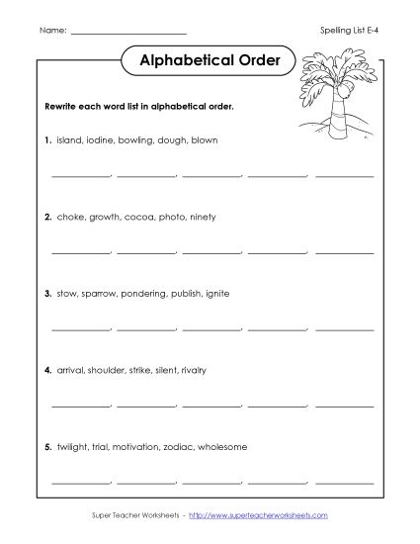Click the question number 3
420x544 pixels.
47,293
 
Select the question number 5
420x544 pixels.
47,446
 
